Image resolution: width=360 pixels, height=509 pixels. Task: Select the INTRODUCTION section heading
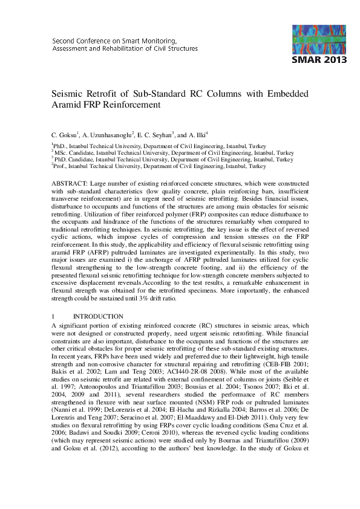pyautogui.click(x=98, y=317)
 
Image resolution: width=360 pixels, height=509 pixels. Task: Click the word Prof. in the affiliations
pyautogui.click(x=61, y=166)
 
